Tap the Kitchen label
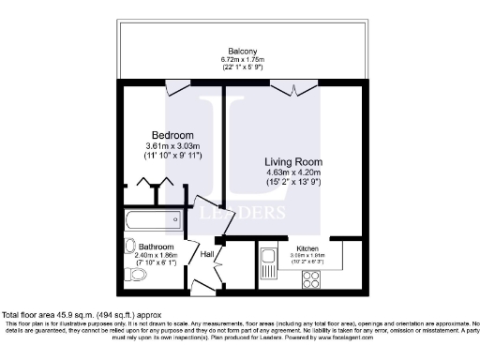pyautogui.click(x=307, y=247)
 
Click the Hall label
pyautogui.click(x=207, y=254)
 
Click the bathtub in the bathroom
pyautogui.click(x=149, y=223)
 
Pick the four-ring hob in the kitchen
pyautogui.click(x=311, y=277)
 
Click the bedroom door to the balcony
pyautogui.click(x=177, y=89)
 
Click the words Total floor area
pyautogui.click(x=30, y=313)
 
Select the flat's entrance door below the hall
pyautogui.click(x=202, y=284)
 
